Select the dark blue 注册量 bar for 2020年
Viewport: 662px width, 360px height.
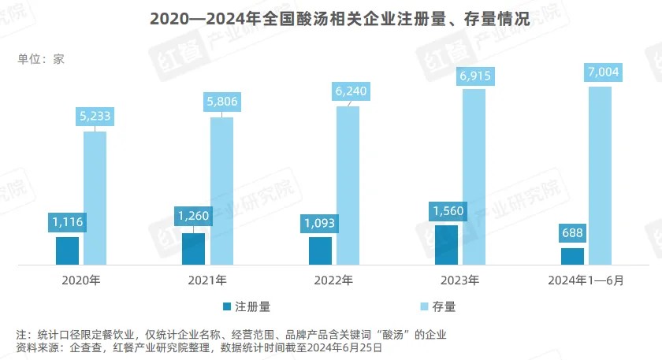click(x=68, y=250)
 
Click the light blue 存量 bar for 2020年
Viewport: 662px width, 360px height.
click(x=95, y=197)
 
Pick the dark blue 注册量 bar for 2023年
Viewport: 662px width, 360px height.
click(x=446, y=244)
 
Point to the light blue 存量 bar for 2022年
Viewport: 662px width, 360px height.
click(x=348, y=184)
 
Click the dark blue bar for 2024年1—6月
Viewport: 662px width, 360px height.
click(x=573, y=255)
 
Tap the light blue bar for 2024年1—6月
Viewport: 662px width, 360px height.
click(x=600, y=175)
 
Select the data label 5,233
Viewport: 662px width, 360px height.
click(x=95, y=116)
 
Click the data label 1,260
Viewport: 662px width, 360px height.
click(x=194, y=216)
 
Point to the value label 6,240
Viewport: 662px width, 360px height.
click(x=348, y=91)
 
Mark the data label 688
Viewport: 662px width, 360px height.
click(x=573, y=233)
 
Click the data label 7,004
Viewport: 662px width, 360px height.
click(x=600, y=72)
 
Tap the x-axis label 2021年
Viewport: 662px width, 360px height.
click(x=207, y=280)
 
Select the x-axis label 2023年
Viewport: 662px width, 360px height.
click(x=459, y=280)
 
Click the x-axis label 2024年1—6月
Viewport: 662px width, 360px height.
click(x=586, y=280)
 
